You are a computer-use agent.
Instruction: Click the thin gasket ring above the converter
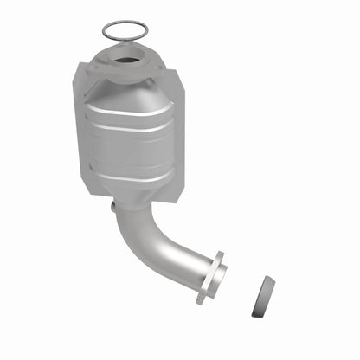(124, 23)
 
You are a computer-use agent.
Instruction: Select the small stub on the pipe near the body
(113, 208)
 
